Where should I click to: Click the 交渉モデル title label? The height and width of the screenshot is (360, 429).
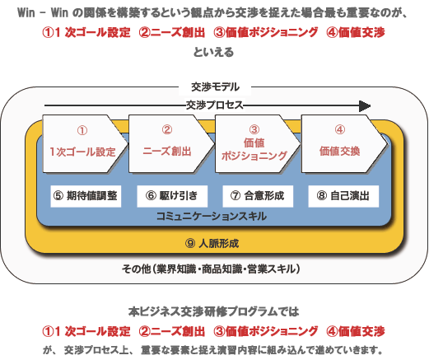pyautogui.click(x=215, y=87)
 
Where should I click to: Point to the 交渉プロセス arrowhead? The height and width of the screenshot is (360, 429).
pyautogui.click(x=365, y=106)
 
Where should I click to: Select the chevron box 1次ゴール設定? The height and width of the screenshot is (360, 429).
pyautogui.click(x=85, y=143)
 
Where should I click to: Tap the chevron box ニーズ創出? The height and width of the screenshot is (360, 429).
pyautogui.click(x=171, y=143)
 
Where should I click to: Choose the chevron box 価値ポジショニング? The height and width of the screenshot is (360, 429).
pyautogui.click(x=258, y=143)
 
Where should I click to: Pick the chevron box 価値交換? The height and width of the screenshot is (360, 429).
pyautogui.click(x=344, y=143)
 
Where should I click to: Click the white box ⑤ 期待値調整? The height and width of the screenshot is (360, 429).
pyautogui.click(x=86, y=196)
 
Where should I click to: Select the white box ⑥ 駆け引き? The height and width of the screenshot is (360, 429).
pyautogui.click(x=172, y=196)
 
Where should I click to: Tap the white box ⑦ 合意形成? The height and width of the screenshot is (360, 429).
pyautogui.click(x=258, y=196)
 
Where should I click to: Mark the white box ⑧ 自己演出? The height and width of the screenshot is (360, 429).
pyautogui.click(x=343, y=196)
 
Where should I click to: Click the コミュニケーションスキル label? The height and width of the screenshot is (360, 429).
pyautogui.click(x=212, y=217)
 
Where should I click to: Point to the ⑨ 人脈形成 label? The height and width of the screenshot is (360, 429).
pyautogui.click(x=212, y=243)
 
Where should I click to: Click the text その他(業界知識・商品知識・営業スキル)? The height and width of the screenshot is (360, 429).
pyautogui.click(x=211, y=269)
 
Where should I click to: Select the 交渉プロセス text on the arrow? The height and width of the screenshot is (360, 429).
pyautogui.click(x=215, y=105)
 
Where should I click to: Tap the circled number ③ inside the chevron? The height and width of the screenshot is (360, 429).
pyautogui.click(x=254, y=129)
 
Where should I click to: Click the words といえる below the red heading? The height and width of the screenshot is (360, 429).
pyautogui.click(x=213, y=52)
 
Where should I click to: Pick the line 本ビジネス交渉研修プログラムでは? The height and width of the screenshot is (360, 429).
pyautogui.click(x=213, y=311)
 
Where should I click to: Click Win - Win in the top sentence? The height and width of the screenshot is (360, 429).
pyautogui.click(x=43, y=12)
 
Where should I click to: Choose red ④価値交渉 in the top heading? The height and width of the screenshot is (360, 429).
pyautogui.click(x=356, y=32)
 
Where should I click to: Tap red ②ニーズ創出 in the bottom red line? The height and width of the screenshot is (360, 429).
pyautogui.click(x=172, y=331)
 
